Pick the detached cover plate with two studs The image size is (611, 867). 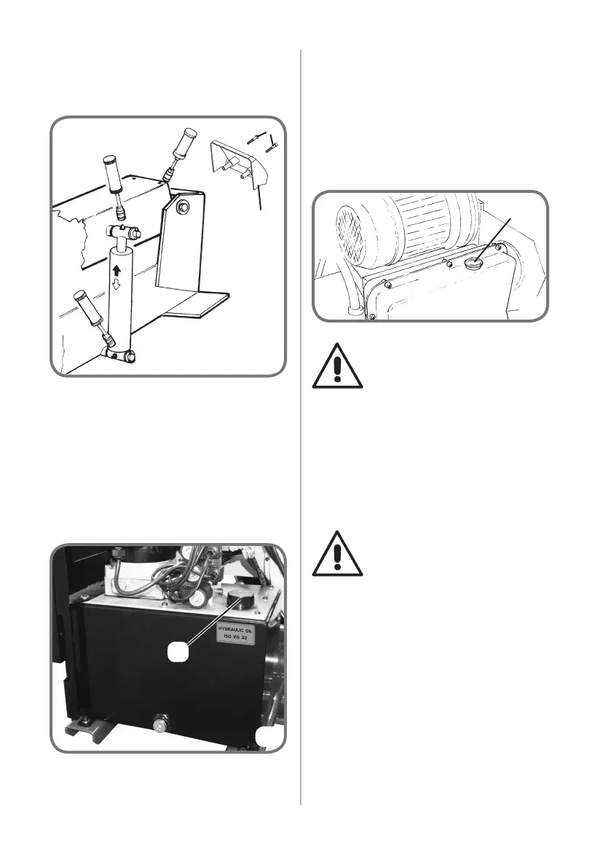pos(235,166)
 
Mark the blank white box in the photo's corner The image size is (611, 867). pos(267,738)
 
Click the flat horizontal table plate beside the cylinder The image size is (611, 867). pos(198,302)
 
